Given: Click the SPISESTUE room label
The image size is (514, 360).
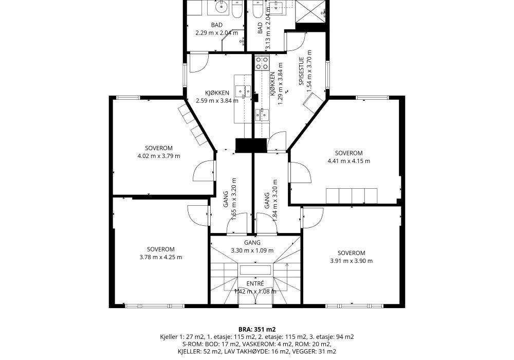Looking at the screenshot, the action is pyautogui.click(x=302, y=71).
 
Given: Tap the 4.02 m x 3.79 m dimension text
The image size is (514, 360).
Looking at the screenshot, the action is pyautogui.click(x=159, y=156).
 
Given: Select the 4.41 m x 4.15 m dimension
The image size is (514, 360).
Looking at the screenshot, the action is pyautogui.click(x=349, y=161).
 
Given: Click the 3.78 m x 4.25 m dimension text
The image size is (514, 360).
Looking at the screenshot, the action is pyautogui.click(x=160, y=257).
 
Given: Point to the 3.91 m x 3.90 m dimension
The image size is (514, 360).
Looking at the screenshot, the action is pyautogui.click(x=352, y=261).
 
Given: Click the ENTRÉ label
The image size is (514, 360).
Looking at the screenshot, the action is pyautogui.click(x=255, y=283).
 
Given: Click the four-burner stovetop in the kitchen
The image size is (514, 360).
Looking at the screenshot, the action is pyautogui.click(x=262, y=63).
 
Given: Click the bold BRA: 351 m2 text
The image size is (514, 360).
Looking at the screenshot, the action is pyautogui.click(x=257, y=330).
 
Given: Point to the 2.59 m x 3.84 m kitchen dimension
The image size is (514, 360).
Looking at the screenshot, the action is pyautogui.click(x=217, y=101).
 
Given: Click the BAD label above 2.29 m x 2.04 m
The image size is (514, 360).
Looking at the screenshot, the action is pyautogui.click(x=217, y=25).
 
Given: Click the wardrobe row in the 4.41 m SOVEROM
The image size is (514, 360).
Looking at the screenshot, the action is pyautogui.click(x=352, y=196).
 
